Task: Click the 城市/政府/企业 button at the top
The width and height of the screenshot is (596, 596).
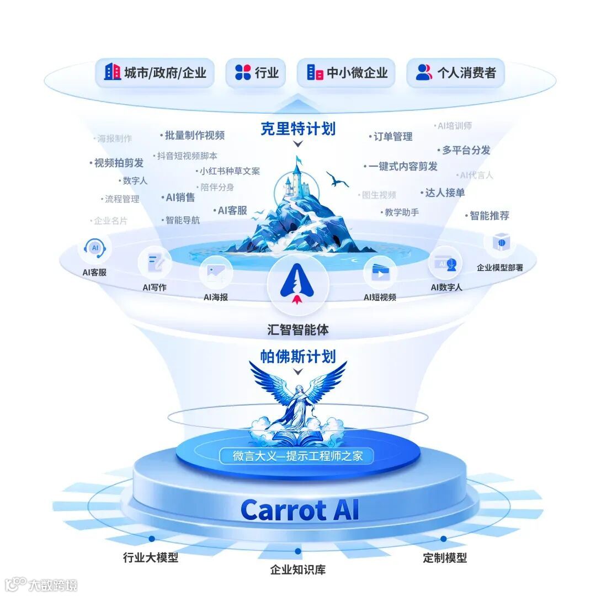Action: coord(155,72)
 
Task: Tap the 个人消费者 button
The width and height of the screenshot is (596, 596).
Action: coord(456,72)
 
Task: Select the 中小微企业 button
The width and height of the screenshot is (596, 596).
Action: coord(347,72)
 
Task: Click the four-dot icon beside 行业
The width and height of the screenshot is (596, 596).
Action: coord(243,72)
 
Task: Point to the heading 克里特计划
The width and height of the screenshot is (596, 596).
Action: coord(298,129)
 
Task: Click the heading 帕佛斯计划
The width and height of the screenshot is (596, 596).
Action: coord(298,356)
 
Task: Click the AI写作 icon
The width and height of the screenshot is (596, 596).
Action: coord(155,264)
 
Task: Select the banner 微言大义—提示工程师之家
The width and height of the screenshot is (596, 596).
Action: coord(296,456)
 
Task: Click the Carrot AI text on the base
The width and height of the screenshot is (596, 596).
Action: coord(300,509)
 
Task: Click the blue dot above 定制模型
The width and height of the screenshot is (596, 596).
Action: coord(443,539)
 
